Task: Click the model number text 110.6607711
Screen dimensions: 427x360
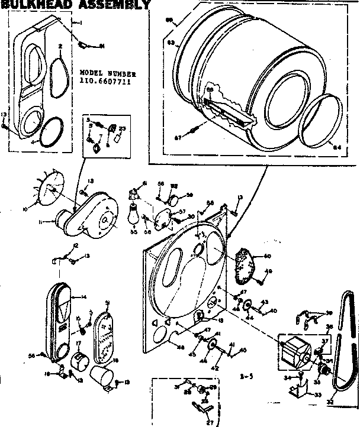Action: pos(104,82)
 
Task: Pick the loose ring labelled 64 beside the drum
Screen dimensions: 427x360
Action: pos(322,122)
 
